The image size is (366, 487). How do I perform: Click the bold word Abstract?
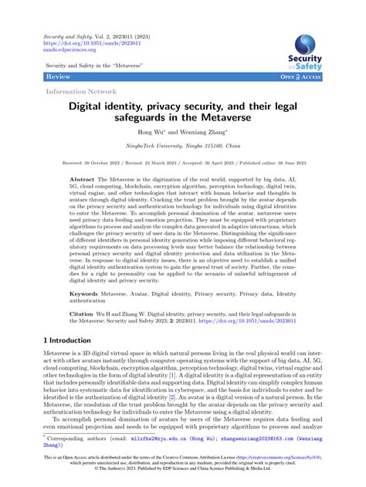83,177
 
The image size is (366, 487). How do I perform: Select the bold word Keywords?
84,294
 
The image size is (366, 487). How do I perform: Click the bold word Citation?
83,315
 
